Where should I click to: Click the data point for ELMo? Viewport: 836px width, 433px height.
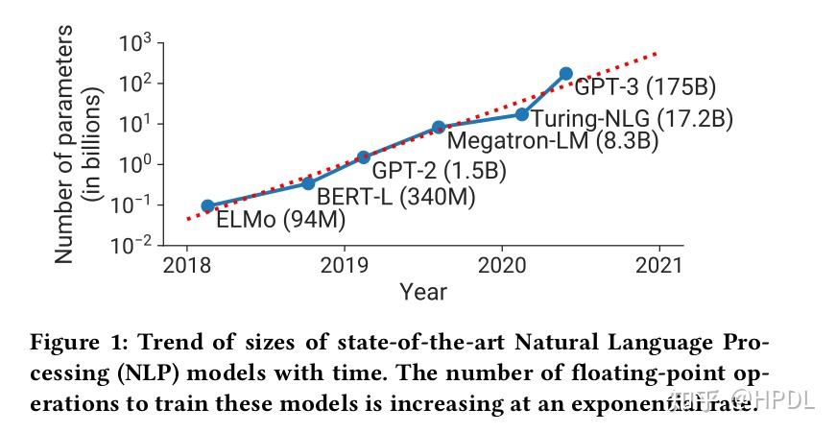point(207,205)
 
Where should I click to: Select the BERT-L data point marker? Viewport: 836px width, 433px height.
point(308,182)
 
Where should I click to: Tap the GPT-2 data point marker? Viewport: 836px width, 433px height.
point(363,156)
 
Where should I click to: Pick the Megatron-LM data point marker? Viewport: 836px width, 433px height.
point(439,127)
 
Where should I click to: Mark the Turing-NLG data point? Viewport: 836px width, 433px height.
point(522,114)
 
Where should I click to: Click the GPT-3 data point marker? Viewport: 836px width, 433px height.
point(566,73)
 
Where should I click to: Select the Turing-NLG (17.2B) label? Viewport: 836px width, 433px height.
point(632,119)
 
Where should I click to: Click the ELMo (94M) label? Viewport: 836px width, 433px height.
point(280,221)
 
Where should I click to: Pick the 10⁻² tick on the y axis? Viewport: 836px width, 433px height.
point(132,246)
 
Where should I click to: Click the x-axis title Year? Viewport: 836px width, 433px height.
point(423,290)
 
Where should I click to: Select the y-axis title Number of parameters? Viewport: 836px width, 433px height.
point(63,145)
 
